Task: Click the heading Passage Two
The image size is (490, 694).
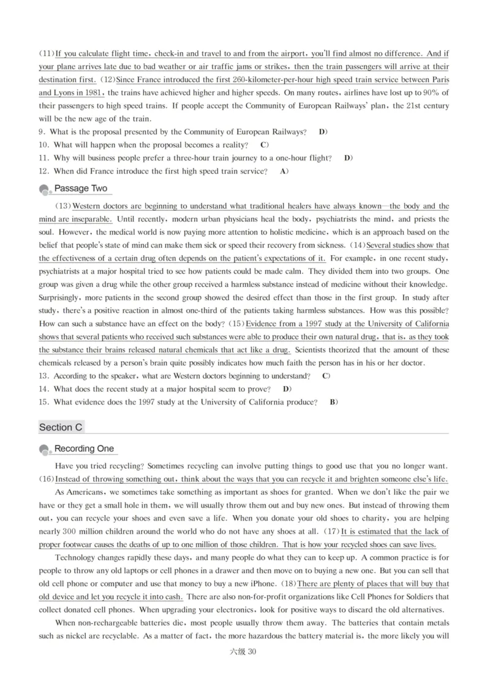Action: tap(80, 188)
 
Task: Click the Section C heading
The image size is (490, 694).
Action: tap(61, 427)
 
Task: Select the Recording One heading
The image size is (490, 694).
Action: tap(84, 449)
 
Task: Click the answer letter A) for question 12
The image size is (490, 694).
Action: tap(284, 172)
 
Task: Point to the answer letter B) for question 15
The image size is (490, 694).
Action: tap(334, 402)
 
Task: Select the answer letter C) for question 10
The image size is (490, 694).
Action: tap(265, 145)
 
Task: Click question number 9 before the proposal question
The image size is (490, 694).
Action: tap(41, 132)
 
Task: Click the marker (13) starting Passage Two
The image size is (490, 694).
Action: tap(64, 206)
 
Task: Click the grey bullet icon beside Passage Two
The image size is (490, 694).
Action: tap(44, 190)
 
